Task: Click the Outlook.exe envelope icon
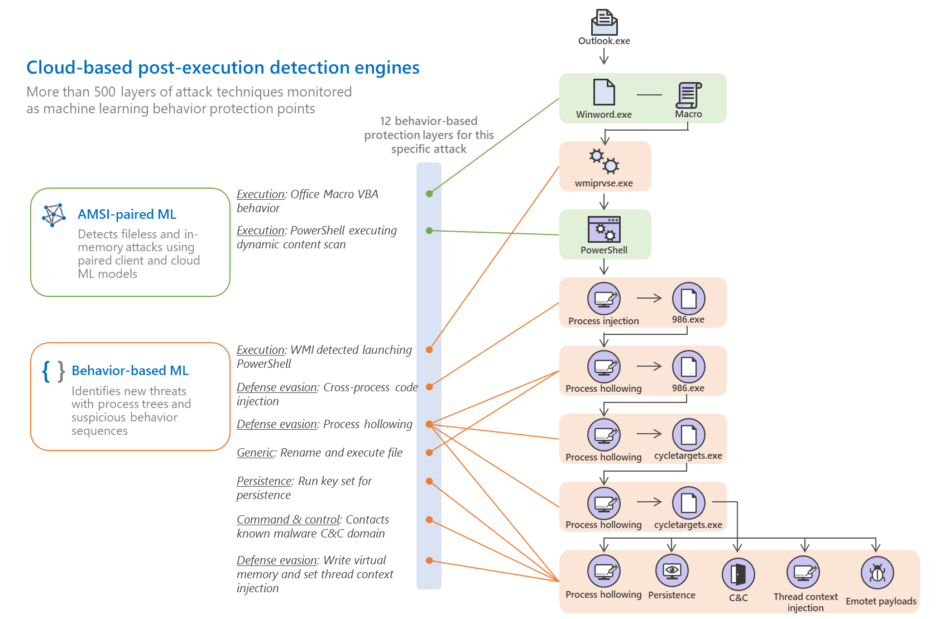(x=604, y=22)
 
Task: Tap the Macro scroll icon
(x=688, y=95)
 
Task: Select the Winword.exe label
(x=604, y=114)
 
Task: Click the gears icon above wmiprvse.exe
(x=604, y=161)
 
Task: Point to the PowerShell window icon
(x=604, y=229)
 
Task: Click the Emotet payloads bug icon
(x=877, y=573)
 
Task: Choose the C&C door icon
(x=738, y=574)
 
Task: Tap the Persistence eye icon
(x=672, y=570)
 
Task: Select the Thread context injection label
(x=805, y=602)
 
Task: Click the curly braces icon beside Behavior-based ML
(x=54, y=371)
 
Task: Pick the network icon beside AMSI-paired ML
(x=54, y=215)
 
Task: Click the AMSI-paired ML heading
(x=127, y=214)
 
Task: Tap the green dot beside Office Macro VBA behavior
(x=429, y=194)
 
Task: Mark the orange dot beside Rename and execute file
(x=429, y=453)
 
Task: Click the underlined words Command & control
(x=288, y=520)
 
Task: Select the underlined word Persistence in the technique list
(x=264, y=481)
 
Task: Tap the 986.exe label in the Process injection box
(x=688, y=320)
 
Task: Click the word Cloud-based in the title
(x=79, y=68)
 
